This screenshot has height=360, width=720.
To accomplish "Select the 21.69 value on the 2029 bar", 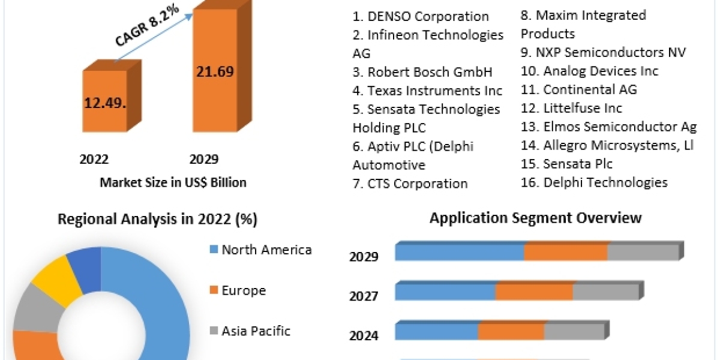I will pos(214,72).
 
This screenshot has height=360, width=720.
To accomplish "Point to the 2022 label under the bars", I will pos(94,160).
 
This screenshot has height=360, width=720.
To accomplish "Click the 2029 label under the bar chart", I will pos(204,160).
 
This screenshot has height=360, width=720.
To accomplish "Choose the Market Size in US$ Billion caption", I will pos(173,182).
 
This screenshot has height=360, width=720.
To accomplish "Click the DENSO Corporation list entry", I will pos(421,17).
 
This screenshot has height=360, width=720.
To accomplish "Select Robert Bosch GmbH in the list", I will pos(422,73).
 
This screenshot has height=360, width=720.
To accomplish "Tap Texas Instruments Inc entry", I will pos(427,91).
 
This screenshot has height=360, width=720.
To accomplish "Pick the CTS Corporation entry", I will pos(410,184).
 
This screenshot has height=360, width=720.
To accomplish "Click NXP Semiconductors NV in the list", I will pos(603,52).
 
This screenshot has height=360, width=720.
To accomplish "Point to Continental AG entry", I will pos(579,90).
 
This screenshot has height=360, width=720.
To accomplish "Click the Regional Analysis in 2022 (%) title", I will pos(157,220).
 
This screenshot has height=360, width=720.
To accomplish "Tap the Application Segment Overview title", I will pos(535,217).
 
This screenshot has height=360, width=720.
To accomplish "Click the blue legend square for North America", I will pos(214,250).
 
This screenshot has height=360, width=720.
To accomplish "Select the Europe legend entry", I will pos(244,291).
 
